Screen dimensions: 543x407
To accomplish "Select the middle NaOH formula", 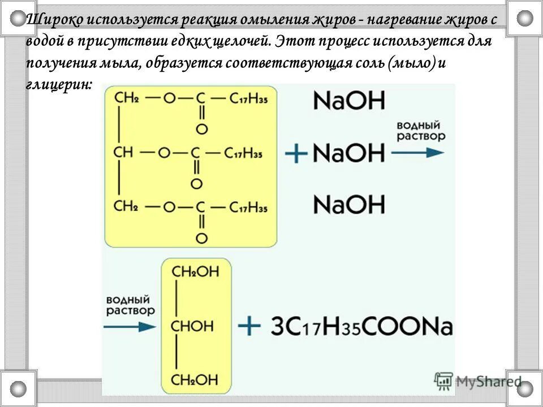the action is [x=348, y=153].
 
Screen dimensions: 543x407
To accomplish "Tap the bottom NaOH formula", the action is [x=348, y=205].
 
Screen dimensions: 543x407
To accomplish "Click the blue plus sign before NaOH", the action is [x=296, y=153].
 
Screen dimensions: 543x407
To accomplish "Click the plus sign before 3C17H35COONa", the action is [x=249, y=326].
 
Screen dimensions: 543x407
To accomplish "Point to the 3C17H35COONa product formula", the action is [x=362, y=327].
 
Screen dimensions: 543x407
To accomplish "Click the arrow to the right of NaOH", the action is [x=417, y=152].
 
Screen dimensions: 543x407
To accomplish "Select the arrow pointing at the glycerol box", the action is [x=129, y=326].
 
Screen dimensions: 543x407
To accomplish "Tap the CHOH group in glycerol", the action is [x=192, y=326].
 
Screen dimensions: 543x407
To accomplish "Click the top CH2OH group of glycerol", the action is [x=195, y=272].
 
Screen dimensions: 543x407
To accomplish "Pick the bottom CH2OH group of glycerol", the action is [x=195, y=378].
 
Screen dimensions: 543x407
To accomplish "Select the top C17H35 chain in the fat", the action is [x=248, y=98].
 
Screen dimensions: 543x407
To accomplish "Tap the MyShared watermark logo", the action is [x=479, y=381].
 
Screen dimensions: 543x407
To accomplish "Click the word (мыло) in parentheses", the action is [x=403, y=63].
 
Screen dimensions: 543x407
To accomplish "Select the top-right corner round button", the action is [x=524, y=18].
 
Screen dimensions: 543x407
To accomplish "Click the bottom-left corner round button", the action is [x=18, y=388].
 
